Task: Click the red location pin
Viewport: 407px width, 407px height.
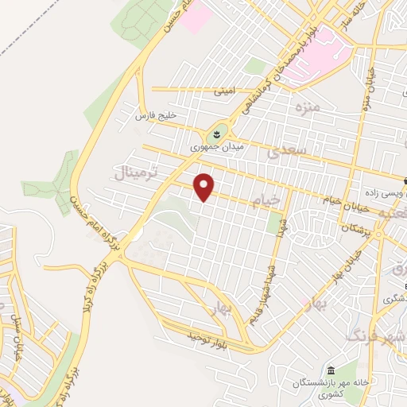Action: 205,186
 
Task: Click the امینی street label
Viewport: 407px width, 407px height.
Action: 223,91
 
